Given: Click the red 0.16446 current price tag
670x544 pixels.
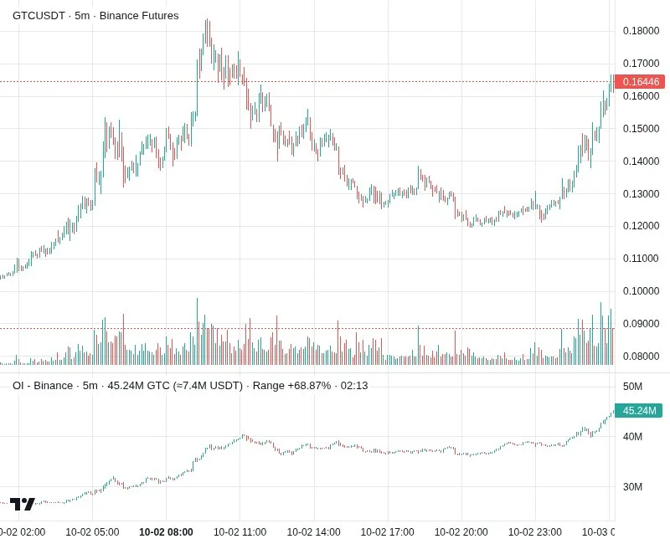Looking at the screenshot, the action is pyautogui.click(x=640, y=81).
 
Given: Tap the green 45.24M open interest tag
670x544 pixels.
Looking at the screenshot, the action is pyautogui.click(x=638, y=410).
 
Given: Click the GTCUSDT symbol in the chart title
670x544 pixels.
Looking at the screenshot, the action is pyautogui.click(x=39, y=16).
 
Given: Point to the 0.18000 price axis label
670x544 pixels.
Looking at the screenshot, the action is pyautogui.click(x=641, y=31).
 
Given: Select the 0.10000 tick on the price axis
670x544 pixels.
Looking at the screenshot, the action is pyautogui.click(x=641, y=291).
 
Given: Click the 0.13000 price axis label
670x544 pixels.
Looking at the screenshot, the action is pyautogui.click(x=641, y=194).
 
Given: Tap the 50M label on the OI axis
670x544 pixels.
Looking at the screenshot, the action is pyautogui.click(x=632, y=387).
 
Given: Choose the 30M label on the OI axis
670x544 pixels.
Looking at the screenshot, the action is pyautogui.click(x=632, y=487).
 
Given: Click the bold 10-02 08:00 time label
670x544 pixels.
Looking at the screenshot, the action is pyautogui.click(x=166, y=532).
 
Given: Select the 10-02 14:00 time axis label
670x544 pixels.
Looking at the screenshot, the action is pyautogui.click(x=313, y=532).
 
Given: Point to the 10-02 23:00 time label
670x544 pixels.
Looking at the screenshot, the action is pyautogui.click(x=535, y=532).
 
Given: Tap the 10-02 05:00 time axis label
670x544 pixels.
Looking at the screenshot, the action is pyautogui.click(x=92, y=532).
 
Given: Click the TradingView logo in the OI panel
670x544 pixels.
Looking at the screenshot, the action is pyautogui.click(x=22, y=505).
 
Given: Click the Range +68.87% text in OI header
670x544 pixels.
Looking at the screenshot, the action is pyautogui.click(x=291, y=386).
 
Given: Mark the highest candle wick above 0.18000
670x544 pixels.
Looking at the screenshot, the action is pyautogui.click(x=206, y=19).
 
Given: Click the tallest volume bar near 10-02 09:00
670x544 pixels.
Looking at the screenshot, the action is pyautogui.click(x=197, y=331).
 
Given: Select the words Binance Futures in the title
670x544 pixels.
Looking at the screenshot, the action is pyautogui.click(x=139, y=16).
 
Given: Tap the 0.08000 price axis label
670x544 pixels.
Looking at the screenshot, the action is pyautogui.click(x=641, y=357).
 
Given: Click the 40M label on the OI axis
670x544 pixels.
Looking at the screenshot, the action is pyautogui.click(x=632, y=437).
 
